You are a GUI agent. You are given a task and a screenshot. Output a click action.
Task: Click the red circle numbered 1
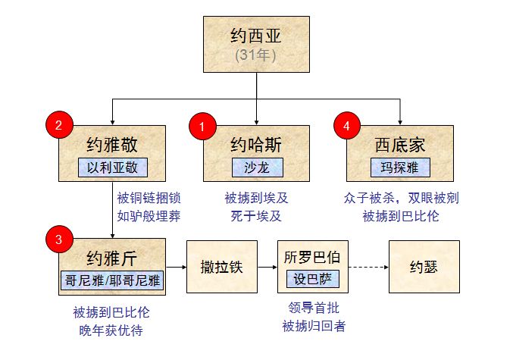[x=201, y=125]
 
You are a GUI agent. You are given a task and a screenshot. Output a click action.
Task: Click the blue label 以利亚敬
[x=112, y=167]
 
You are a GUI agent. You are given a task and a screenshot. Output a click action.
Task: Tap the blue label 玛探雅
[x=399, y=167]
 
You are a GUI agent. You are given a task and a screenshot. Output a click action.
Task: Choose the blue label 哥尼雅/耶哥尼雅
[x=112, y=279]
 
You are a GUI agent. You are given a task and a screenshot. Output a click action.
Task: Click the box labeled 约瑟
[x=424, y=267]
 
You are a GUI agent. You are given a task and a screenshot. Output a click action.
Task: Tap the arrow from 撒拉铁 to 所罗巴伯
[x=266, y=267]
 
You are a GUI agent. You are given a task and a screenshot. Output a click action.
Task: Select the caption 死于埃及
[x=255, y=215]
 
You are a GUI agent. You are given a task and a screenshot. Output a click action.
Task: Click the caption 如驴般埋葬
[x=149, y=215]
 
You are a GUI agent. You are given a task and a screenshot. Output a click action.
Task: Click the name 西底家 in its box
[x=399, y=145]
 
